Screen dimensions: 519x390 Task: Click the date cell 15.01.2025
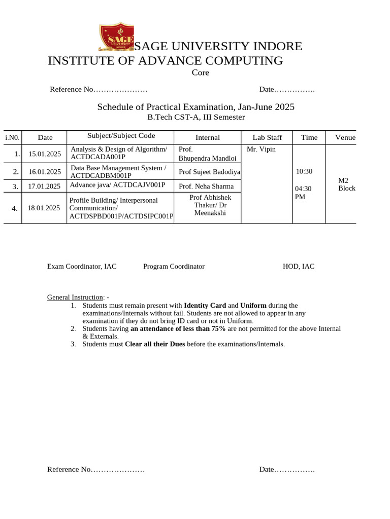coord(45,154)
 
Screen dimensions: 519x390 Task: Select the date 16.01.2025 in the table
coord(45,171)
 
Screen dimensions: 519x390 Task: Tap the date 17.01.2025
coord(45,186)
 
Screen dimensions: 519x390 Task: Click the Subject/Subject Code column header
coord(121,136)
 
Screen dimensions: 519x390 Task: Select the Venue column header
coord(345,137)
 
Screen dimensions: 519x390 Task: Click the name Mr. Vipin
coord(261,150)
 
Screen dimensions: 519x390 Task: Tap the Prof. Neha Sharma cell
coord(206,187)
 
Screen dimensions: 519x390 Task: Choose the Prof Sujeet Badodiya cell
coord(209,172)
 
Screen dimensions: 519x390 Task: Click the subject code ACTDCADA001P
coord(97,157)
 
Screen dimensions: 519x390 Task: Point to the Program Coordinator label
coord(174,266)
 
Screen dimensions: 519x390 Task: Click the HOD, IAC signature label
coord(299,266)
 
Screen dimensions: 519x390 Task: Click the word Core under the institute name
coord(201,73)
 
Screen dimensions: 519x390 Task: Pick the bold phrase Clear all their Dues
coord(155,344)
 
